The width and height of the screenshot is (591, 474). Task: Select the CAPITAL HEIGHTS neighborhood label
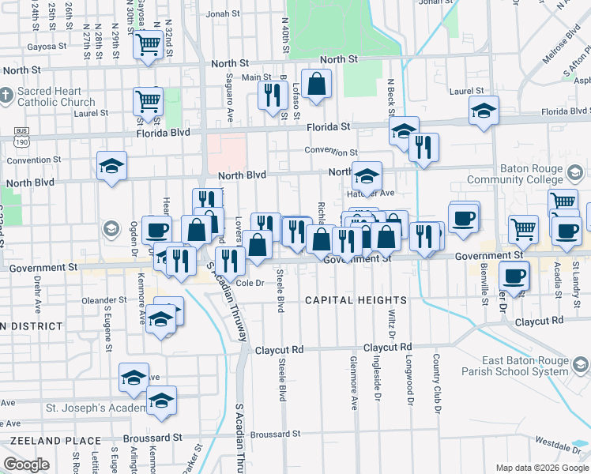[x=356, y=300]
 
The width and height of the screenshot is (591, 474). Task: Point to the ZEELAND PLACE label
[x=44, y=439]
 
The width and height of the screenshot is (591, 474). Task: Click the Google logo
[x=26, y=465]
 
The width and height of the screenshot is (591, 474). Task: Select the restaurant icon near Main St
[x=272, y=95]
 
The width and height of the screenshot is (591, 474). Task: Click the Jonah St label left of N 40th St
[x=223, y=13]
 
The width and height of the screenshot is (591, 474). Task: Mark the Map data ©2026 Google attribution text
[x=541, y=468]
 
